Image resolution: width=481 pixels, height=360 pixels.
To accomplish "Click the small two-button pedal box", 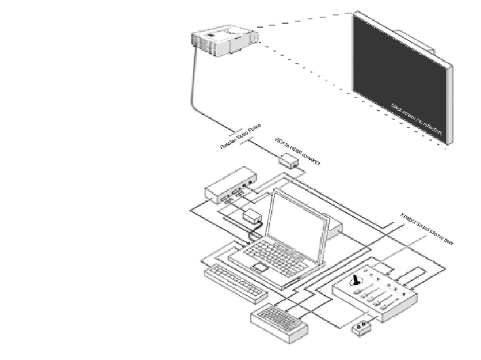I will pyautogui.click(x=363, y=330).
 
